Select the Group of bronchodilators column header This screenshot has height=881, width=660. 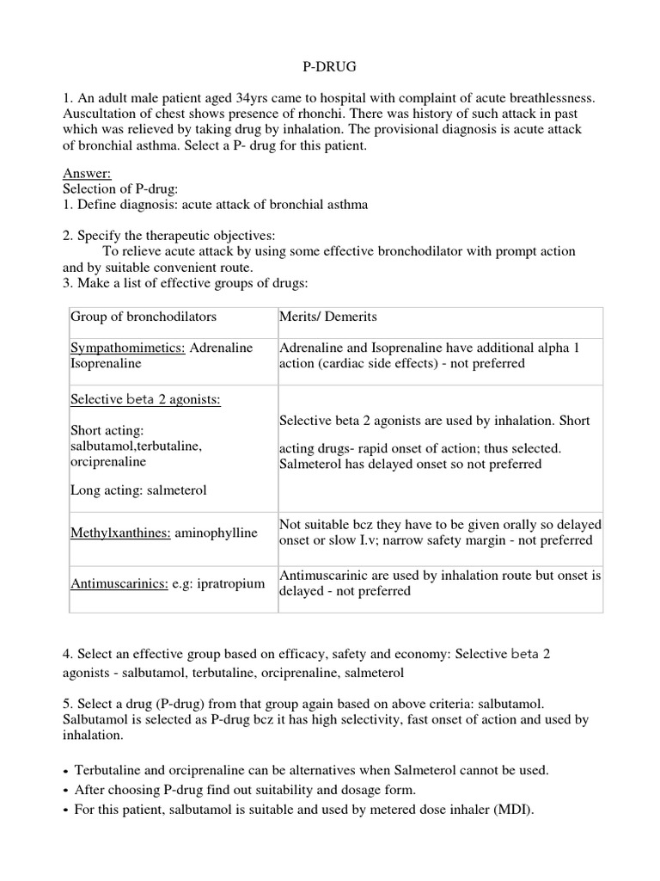coord(144,317)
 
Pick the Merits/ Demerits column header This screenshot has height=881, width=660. coord(328,317)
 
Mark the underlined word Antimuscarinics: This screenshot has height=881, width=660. coord(119,584)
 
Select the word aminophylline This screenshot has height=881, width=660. coord(216,533)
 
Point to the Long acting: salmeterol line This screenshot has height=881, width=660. coord(138,490)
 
